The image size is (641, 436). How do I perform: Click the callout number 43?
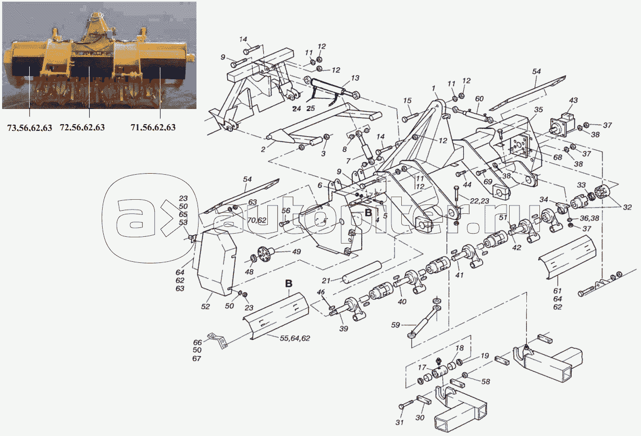click(573, 100)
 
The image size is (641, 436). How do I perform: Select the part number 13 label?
click(355, 78)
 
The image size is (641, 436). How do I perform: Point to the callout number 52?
click(205, 307)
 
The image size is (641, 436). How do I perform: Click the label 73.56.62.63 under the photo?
click(29, 127)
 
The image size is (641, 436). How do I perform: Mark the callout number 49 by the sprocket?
click(296, 252)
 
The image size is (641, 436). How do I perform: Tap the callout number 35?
click(538, 110)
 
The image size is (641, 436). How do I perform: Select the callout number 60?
click(479, 99)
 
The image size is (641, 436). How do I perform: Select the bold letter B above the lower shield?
click(289, 284)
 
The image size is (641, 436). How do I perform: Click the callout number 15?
click(408, 100)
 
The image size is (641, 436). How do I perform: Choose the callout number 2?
click(264, 149)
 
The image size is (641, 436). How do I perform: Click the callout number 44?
click(466, 185)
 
